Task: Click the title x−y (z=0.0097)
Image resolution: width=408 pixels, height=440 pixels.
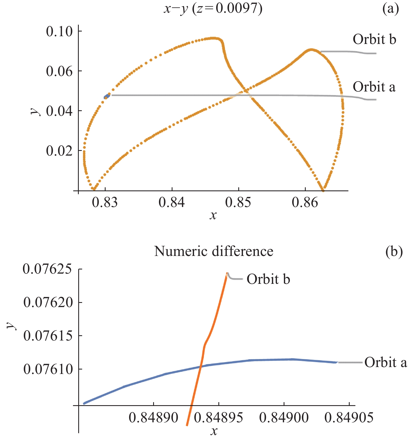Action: pos(213,9)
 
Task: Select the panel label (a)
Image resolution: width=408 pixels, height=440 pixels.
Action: pos(391,9)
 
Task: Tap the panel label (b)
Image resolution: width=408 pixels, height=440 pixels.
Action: pos(394,252)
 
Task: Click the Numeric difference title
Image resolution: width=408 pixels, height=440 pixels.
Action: pos(214,252)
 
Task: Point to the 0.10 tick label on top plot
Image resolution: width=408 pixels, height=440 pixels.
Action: pos(59,32)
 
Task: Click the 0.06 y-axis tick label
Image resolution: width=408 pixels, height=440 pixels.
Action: pos(59,71)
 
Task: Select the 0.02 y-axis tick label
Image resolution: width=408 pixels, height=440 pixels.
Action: pos(59,151)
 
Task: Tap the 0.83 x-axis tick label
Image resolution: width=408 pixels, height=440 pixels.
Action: pos(105,203)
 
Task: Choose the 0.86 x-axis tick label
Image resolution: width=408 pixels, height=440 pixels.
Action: pos(305,203)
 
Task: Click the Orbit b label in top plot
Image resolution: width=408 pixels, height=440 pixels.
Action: pos(374,40)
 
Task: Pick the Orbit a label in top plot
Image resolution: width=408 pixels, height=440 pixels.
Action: pos(374,87)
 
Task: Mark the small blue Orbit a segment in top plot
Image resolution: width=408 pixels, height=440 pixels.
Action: pos(107,96)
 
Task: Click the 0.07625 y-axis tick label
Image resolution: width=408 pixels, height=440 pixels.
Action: pos(47,269)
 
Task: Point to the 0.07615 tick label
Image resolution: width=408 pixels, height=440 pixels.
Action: pos(48,336)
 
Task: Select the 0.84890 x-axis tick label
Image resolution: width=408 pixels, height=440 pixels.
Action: pos(153,418)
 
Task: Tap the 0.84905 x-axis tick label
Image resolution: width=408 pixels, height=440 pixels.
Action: pos(349,418)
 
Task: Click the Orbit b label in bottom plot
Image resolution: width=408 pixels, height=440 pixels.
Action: pos(268,279)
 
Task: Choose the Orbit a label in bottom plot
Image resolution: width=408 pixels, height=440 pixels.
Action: pos(386,362)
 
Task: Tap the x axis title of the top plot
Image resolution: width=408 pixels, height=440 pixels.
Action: pos(213,215)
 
